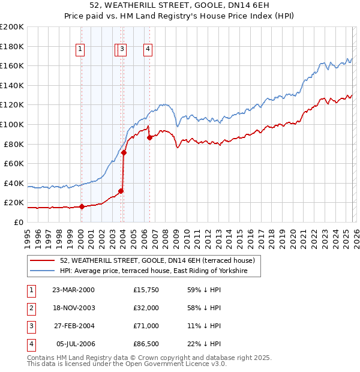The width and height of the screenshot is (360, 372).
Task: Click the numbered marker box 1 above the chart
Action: pyautogui.click(x=80, y=50)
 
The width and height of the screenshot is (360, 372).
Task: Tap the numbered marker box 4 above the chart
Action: pyautogui.click(x=147, y=50)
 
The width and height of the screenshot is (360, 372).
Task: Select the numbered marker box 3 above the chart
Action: pyautogui.click(x=122, y=50)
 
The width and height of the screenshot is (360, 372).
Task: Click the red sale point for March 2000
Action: pyautogui.click(x=82, y=207)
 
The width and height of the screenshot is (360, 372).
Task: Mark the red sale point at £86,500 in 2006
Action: pyautogui.click(x=149, y=137)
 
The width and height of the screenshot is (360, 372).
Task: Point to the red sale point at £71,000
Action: pyautogui.click(x=124, y=152)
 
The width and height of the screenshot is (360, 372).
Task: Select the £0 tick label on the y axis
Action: pyautogui.click(x=18, y=222)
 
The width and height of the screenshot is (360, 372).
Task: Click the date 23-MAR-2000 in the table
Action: pyautogui.click(x=73, y=290)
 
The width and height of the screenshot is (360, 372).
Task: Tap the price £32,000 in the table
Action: pyautogui.click(x=146, y=308)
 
